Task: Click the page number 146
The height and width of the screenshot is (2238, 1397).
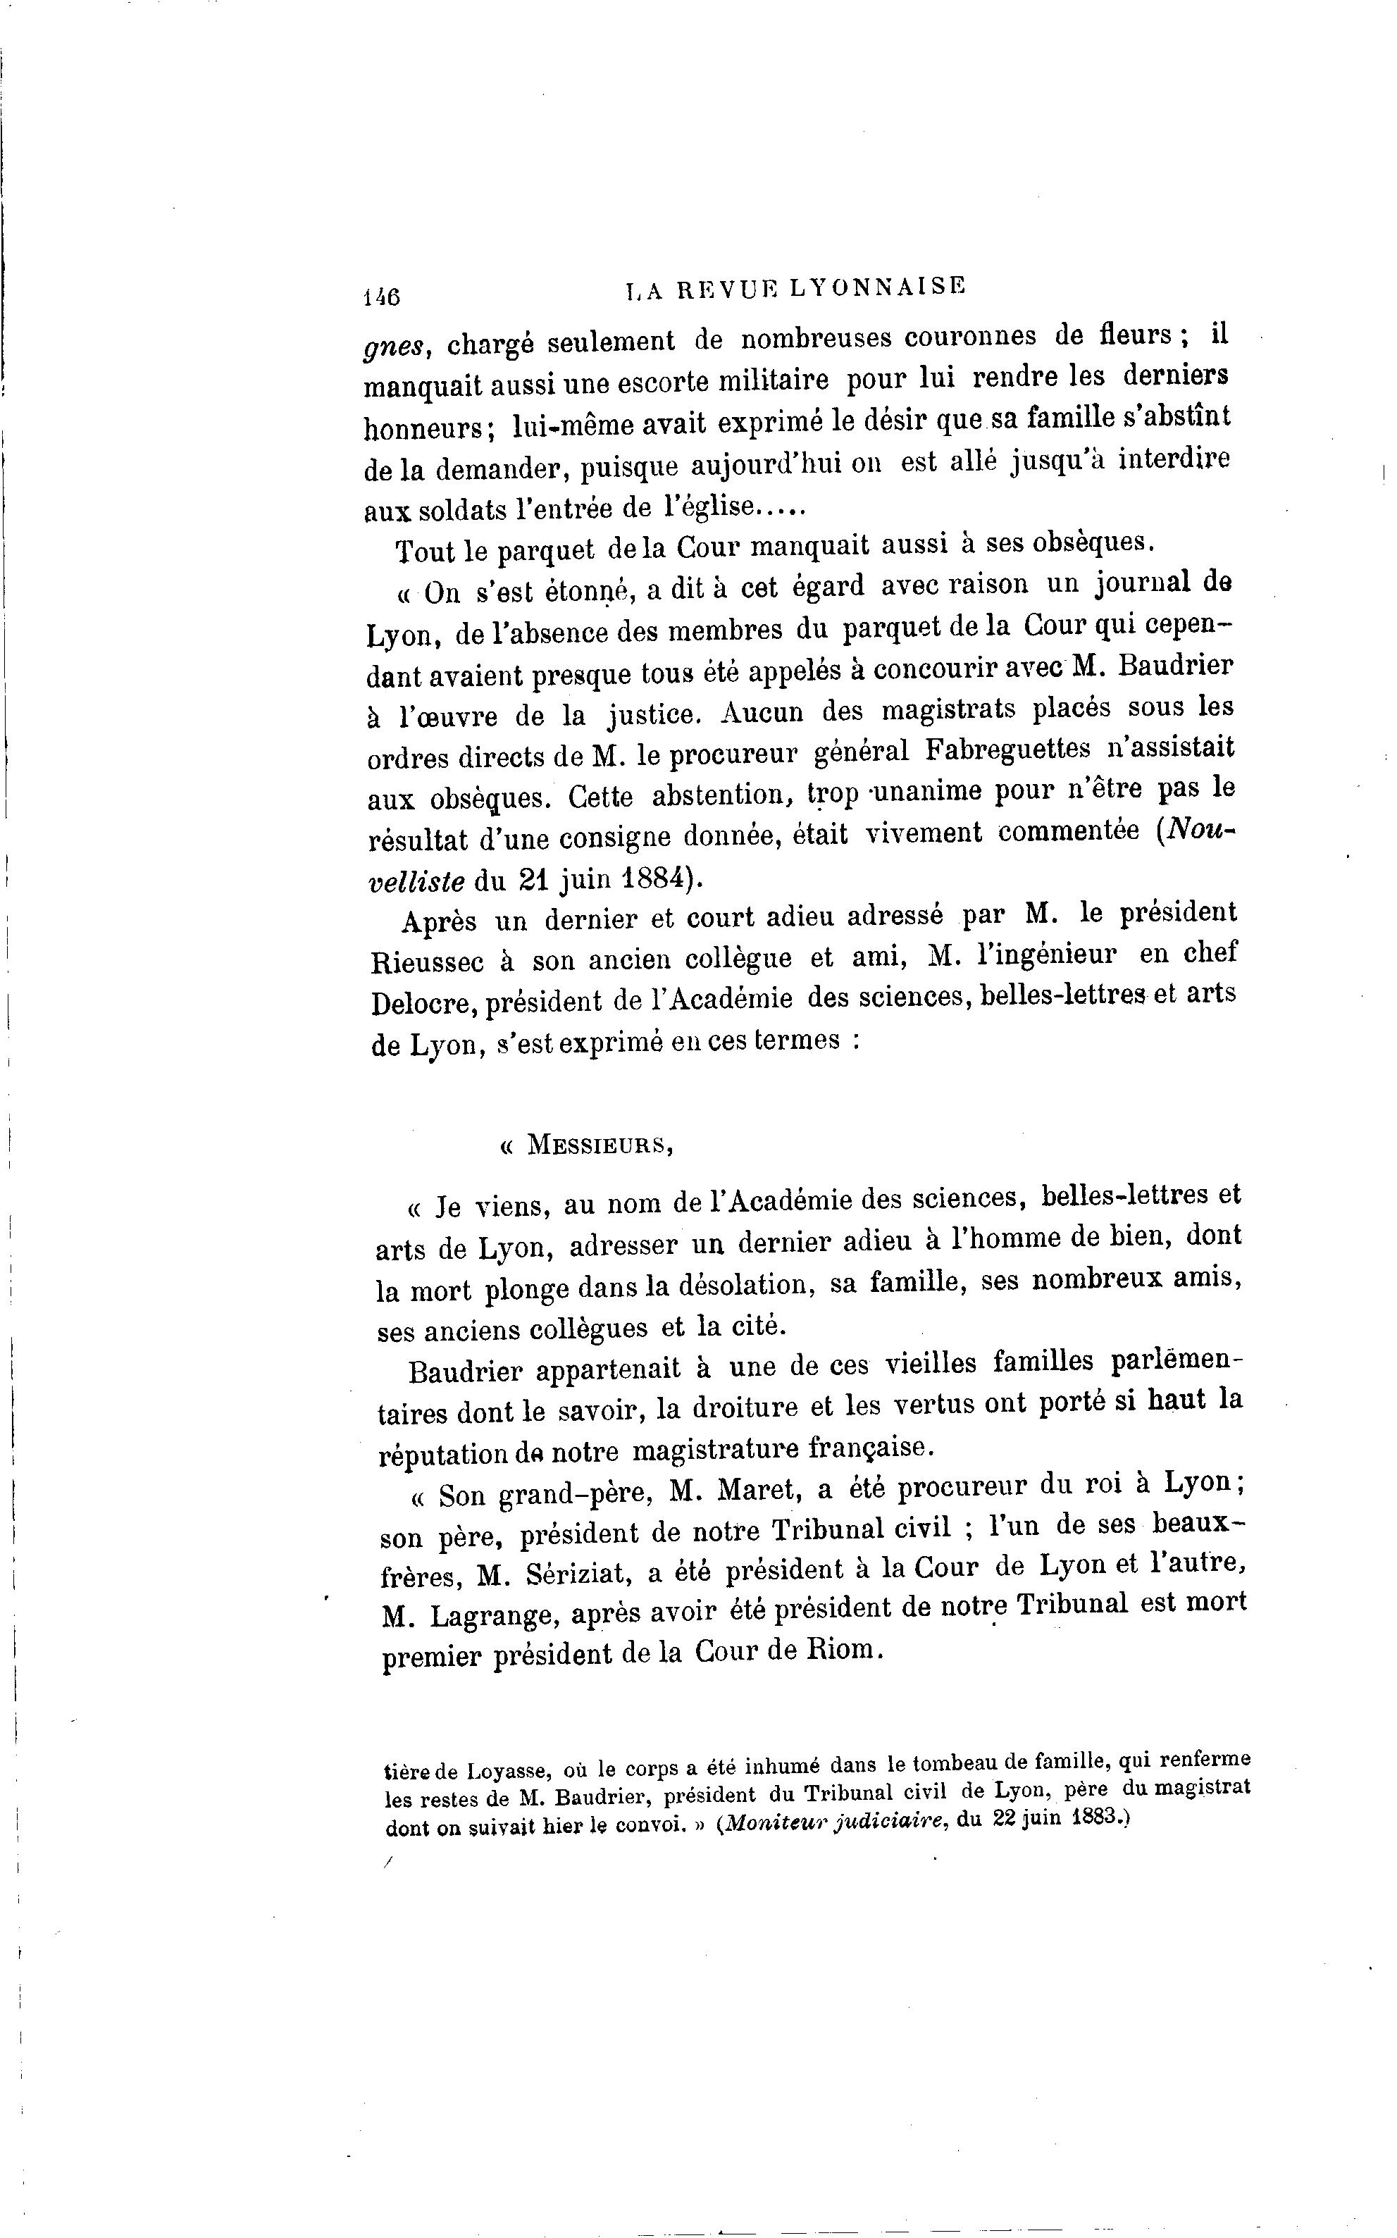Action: tap(380, 297)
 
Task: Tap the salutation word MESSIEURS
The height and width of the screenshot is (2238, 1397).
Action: tap(599, 1145)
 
